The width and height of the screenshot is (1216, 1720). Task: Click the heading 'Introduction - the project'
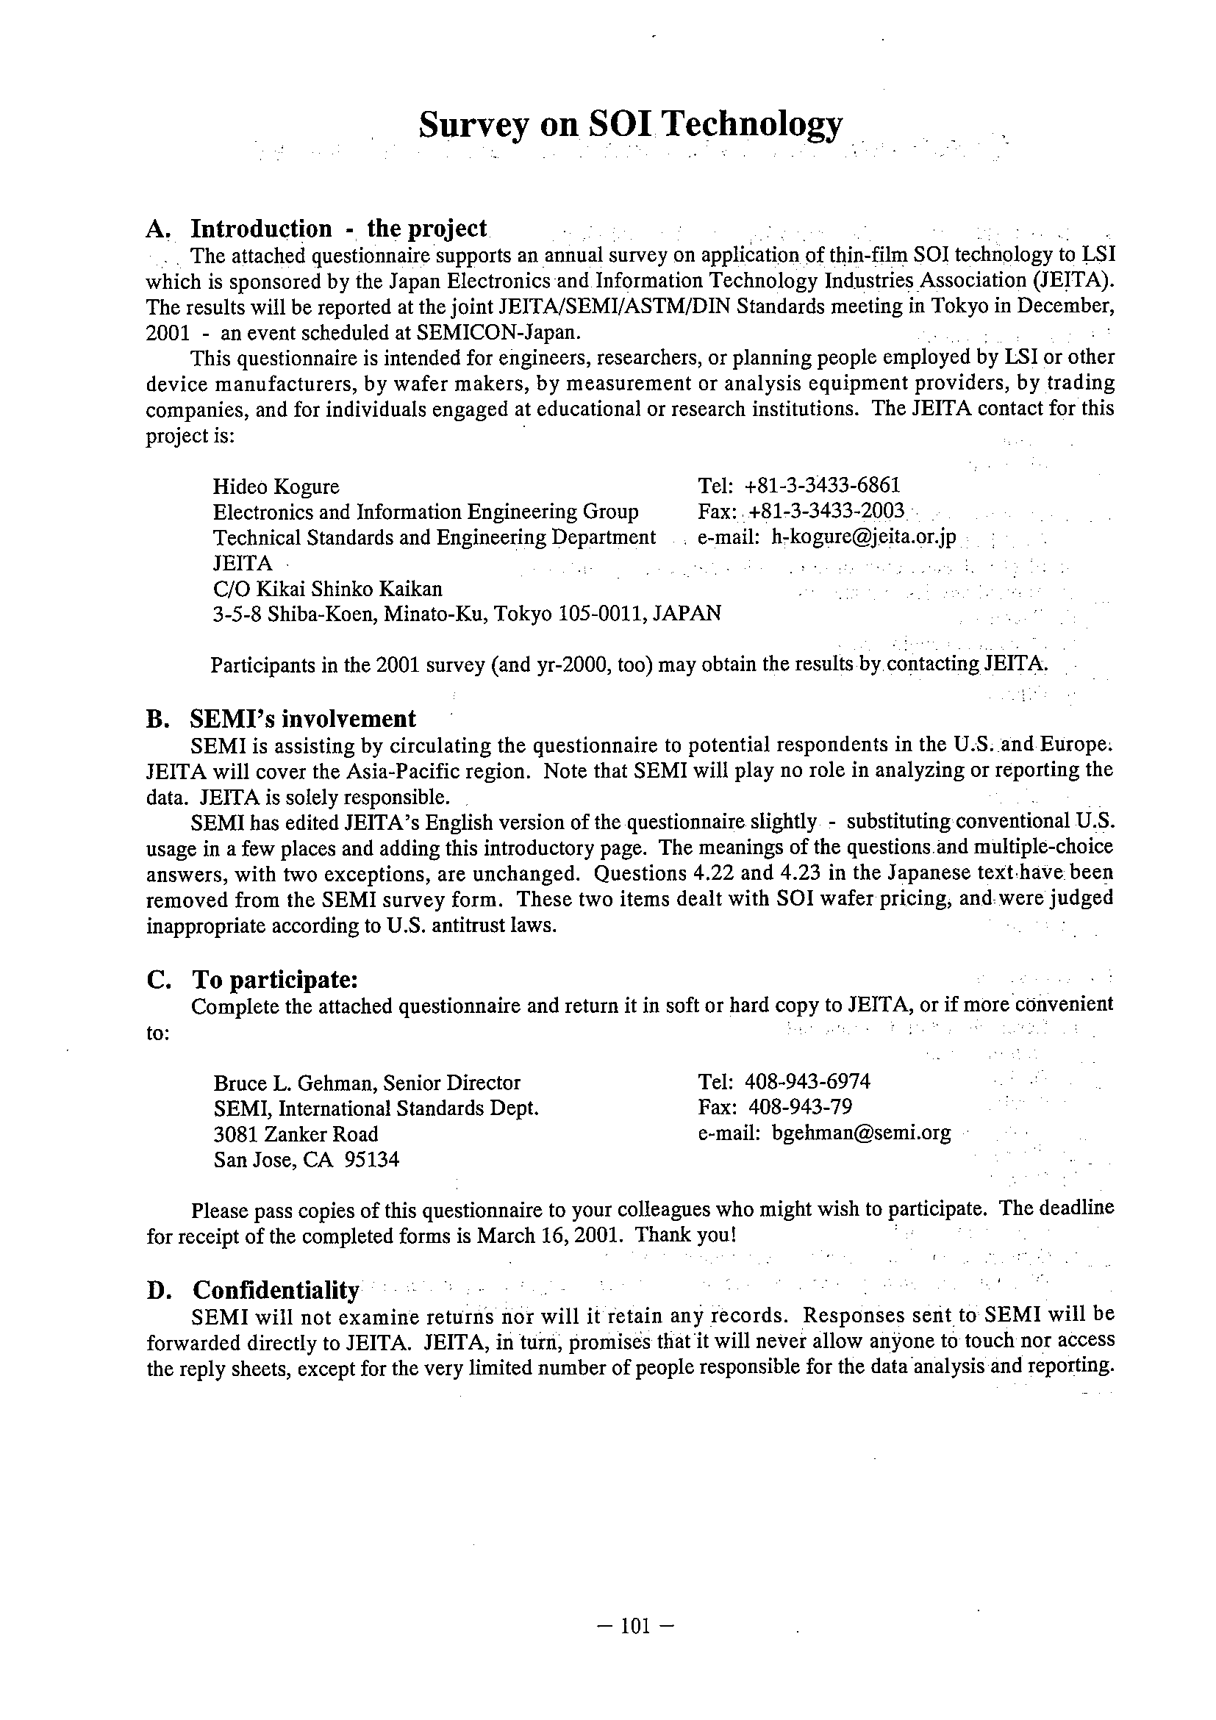pos(338,229)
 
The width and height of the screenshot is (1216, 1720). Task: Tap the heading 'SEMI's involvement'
pos(303,718)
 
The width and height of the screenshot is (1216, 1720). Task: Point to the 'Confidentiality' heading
pos(276,1290)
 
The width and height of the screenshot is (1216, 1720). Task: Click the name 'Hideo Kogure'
pos(276,487)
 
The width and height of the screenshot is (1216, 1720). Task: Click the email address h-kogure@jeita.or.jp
pos(864,538)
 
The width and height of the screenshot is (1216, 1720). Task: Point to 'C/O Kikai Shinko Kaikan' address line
pos(327,588)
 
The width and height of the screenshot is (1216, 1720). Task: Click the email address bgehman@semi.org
pos(861,1133)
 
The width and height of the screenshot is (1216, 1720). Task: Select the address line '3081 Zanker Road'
pos(296,1134)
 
